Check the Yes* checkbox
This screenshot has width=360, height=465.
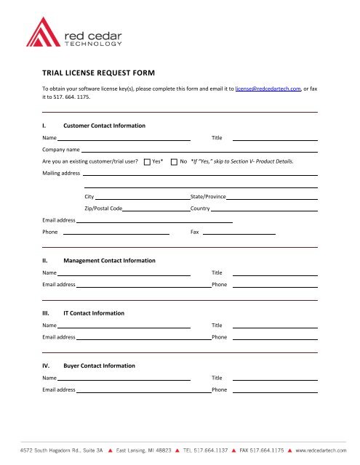(147, 161)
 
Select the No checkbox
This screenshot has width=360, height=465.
(174, 161)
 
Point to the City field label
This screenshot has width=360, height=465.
(89, 197)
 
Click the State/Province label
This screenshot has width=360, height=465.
(208, 197)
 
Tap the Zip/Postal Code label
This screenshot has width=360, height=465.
(103, 209)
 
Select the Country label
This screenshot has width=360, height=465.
(200, 209)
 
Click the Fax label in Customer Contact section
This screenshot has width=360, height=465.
(194, 232)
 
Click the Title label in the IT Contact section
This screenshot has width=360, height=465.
(217, 325)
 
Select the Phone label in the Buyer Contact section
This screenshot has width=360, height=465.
(219, 390)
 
